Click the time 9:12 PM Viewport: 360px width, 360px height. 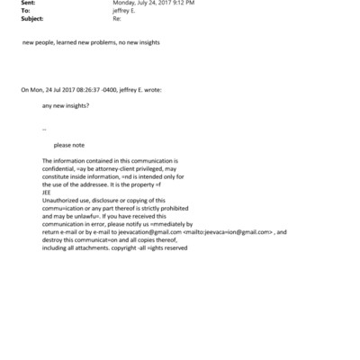click(184, 3)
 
